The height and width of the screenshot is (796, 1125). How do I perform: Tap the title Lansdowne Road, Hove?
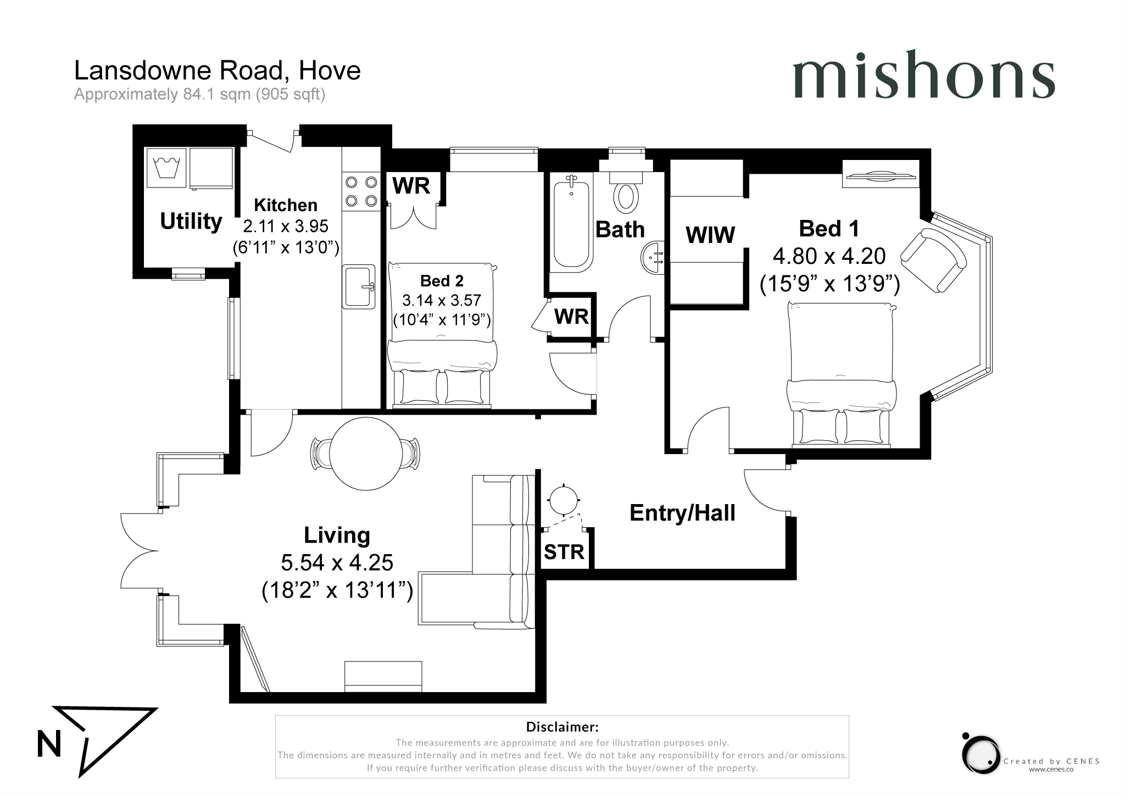(x=218, y=70)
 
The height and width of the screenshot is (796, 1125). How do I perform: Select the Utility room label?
(x=191, y=221)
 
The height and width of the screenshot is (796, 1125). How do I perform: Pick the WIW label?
(x=710, y=235)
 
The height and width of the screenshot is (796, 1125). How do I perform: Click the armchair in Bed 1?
(x=934, y=261)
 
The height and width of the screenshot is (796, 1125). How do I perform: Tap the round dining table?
(x=366, y=454)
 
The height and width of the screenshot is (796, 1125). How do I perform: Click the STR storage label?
(x=564, y=552)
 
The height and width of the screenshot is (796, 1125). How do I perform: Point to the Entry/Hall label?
(x=682, y=513)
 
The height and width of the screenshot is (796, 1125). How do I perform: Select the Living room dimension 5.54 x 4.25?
(x=337, y=563)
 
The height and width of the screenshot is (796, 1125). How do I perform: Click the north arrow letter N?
(x=49, y=744)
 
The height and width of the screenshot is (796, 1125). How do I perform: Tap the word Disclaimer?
(x=562, y=727)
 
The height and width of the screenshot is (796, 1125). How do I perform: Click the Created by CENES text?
(x=1051, y=761)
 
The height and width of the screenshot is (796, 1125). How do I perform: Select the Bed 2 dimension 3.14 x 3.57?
(x=442, y=300)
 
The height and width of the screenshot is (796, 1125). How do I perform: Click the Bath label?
(x=620, y=230)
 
